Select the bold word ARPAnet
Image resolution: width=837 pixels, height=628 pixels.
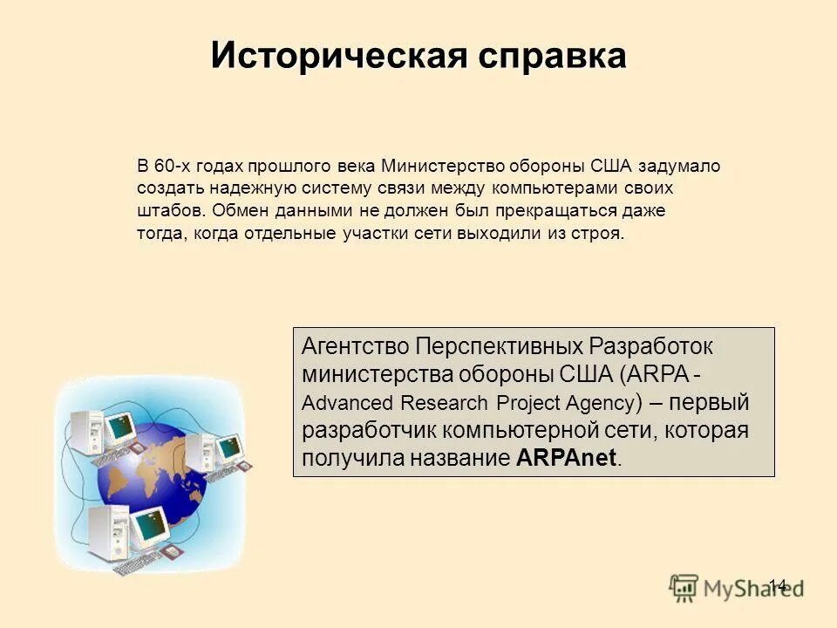coord(566,459)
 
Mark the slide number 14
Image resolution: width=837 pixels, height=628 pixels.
coord(778,585)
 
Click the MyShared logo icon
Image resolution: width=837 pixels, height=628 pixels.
coord(684,587)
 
